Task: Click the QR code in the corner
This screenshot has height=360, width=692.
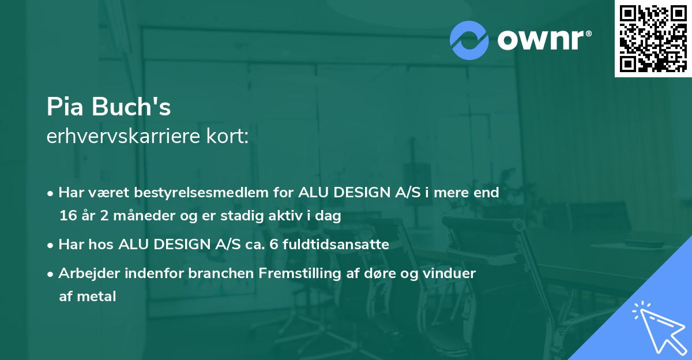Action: point(653,38)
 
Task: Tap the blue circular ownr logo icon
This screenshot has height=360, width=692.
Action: point(469,40)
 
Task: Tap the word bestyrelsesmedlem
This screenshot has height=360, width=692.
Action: point(205,193)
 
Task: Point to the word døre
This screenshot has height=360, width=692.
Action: point(386,273)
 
